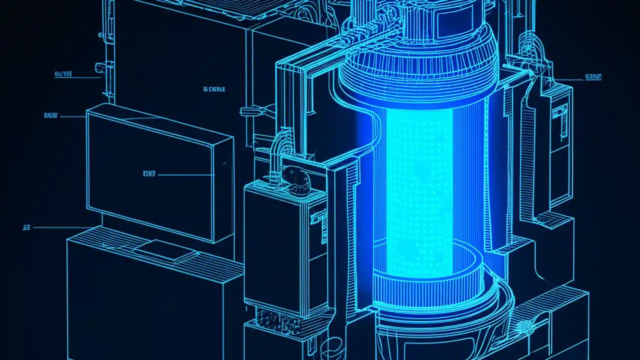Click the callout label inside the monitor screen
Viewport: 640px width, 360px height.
(x=149, y=174)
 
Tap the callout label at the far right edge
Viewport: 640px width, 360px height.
(x=592, y=77)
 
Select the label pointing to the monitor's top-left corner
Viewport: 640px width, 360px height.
(x=50, y=115)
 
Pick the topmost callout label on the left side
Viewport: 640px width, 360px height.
(x=63, y=74)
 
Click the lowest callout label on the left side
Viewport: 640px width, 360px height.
(x=26, y=227)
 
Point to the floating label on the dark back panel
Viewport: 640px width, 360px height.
(x=214, y=89)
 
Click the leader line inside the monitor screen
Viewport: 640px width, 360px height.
(x=185, y=175)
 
